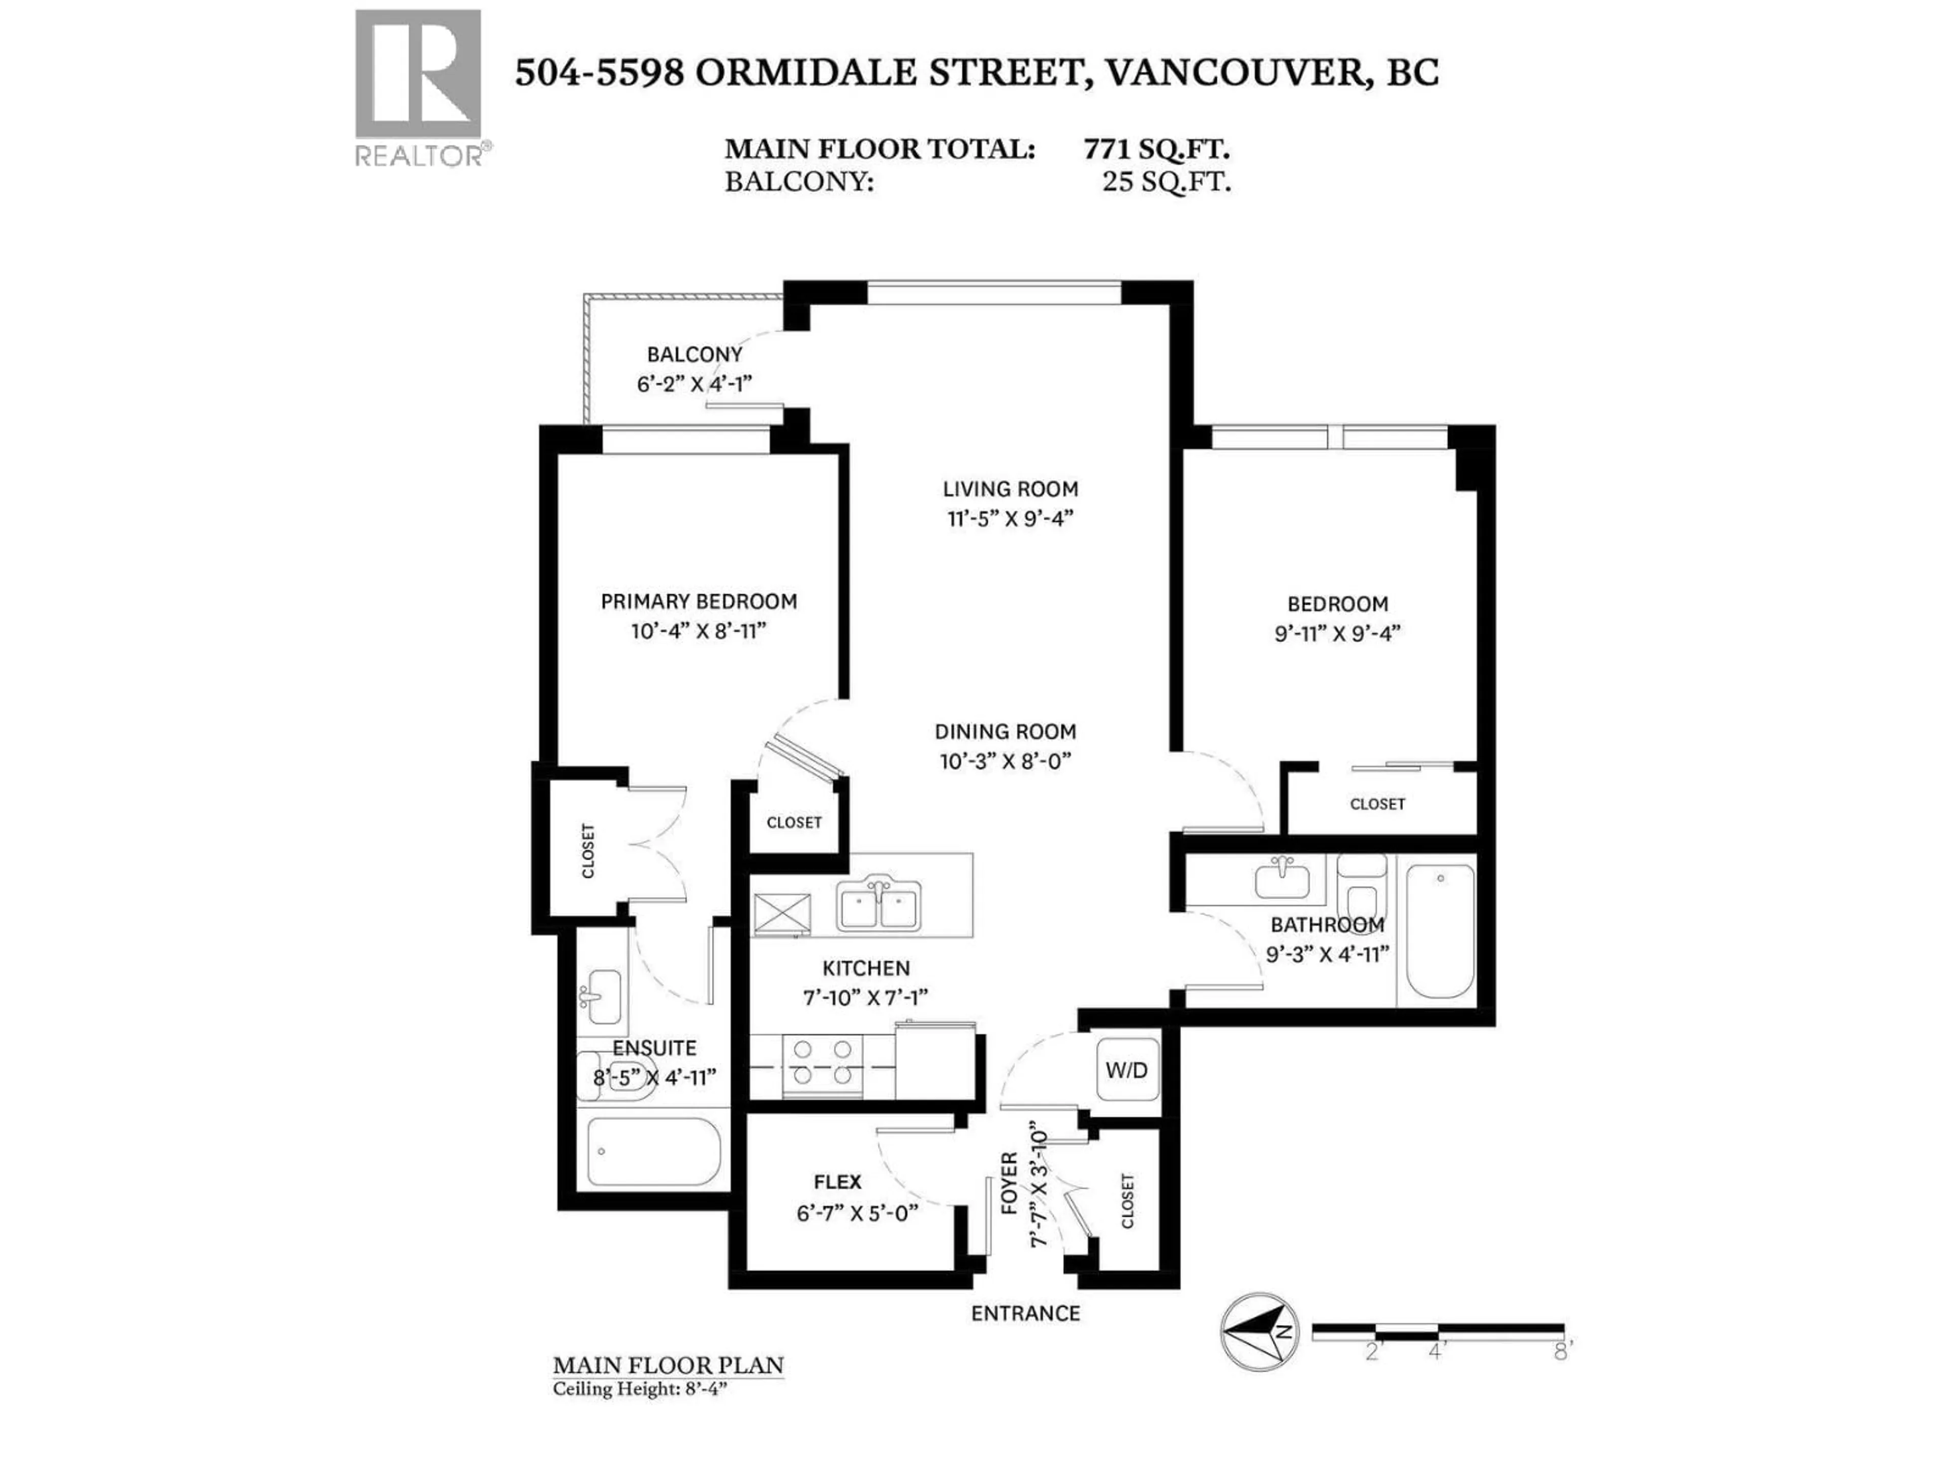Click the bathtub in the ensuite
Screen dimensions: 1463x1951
click(x=653, y=1152)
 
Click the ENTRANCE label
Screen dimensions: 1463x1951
click(x=1025, y=1313)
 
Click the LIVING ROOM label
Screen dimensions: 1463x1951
click(x=1010, y=489)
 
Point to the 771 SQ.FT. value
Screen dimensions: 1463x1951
click(x=1156, y=149)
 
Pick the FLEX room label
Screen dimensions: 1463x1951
click(x=837, y=1182)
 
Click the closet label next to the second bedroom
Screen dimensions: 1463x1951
click(x=1377, y=804)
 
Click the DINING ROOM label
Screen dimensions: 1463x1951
click(x=1004, y=731)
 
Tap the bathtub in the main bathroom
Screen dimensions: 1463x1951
click(x=1439, y=931)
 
